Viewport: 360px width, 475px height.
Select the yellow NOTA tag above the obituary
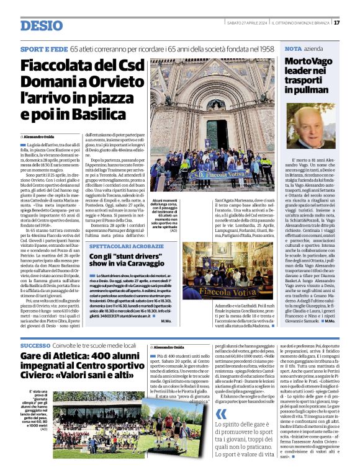(293, 48)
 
